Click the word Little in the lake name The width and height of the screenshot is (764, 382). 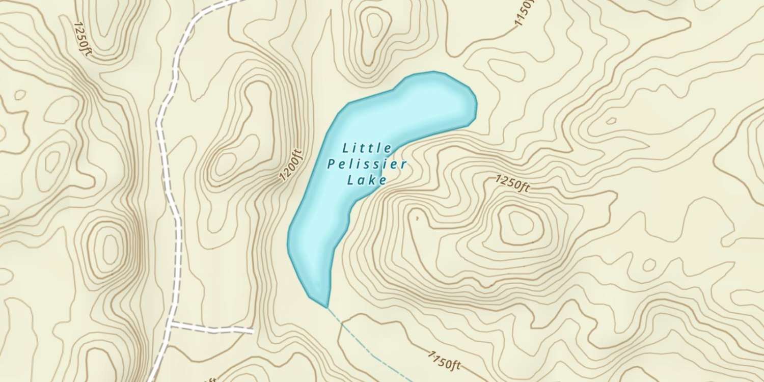pos(367,149)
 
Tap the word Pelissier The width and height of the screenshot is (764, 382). pos(367,164)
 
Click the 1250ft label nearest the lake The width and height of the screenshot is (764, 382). pos(513,184)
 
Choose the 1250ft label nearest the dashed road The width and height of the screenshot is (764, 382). pos(82,39)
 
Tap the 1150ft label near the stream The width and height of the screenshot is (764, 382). pos(444,360)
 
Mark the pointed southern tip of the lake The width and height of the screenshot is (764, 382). pos(326,307)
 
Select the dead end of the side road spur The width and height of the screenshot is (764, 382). pos(253,332)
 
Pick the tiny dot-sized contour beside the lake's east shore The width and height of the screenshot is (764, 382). pos(417,219)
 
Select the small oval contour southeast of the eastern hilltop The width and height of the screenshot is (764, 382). pos(649,265)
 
